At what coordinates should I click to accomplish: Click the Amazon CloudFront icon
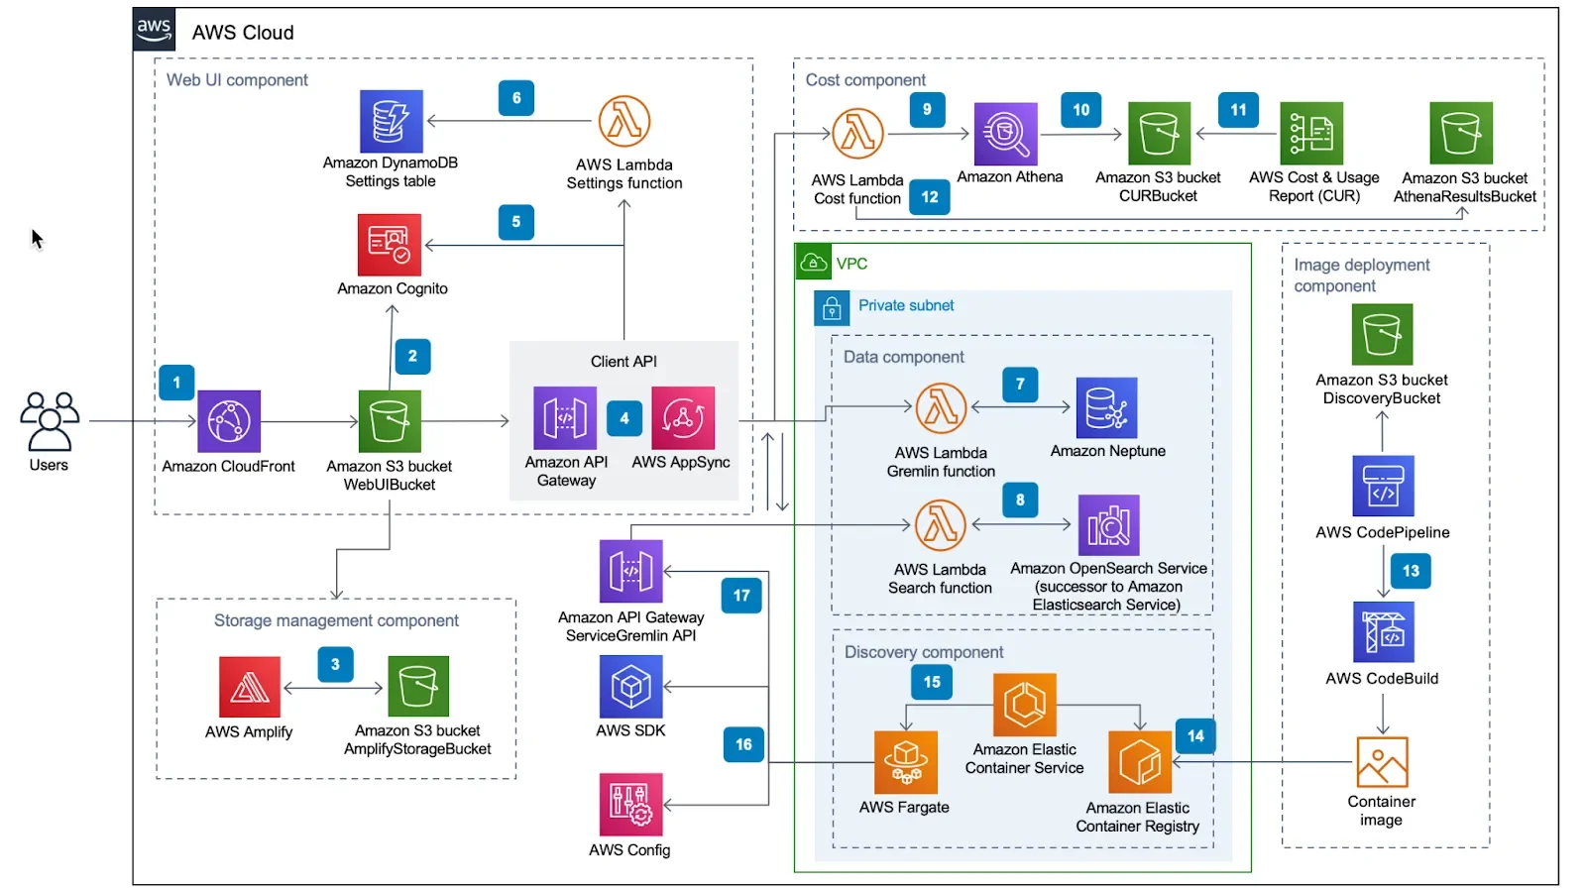point(229,421)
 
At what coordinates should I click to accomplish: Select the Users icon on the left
point(49,421)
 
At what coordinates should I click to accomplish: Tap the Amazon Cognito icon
point(390,245)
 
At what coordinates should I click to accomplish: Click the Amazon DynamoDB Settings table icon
point(391,121)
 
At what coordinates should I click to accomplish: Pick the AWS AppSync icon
point(683,418)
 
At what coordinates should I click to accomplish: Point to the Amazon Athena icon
point(1005,134)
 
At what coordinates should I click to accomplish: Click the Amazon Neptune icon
point(1106,408)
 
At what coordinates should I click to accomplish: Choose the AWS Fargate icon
point(905,762)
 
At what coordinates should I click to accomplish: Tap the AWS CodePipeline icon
point(1383,486)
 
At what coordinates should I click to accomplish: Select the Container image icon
point(1382,762)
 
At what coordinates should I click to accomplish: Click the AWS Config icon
point(630,805)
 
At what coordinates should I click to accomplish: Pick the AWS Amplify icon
point(250,687)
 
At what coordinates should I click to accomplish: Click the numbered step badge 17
point(741,596)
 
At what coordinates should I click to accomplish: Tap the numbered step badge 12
point(930,197)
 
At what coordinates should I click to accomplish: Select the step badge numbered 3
point(335,664)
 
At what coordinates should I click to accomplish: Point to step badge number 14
point(1195,736)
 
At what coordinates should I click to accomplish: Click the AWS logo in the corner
point(155,30)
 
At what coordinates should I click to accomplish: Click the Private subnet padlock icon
point(832,308)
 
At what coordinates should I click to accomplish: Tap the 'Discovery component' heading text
point(924,652)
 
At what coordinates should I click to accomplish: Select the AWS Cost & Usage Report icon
point(1311,133)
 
